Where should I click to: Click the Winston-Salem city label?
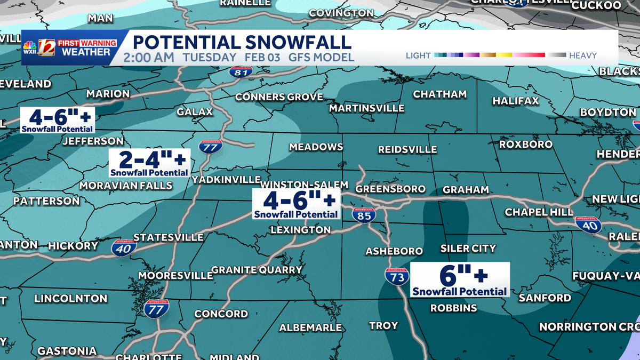pos(305,185)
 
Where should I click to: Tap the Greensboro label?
pos(390,189)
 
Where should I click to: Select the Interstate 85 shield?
pos(364,215)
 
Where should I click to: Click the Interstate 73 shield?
pos(397,276)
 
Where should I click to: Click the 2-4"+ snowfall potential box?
pos(149,162)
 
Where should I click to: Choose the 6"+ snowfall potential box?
pos(460,279)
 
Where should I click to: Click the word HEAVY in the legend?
pos(582,55)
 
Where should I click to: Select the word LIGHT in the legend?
pos(418,55)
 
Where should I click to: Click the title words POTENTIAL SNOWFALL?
pos(242,42)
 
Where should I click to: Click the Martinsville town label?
pos(366,108)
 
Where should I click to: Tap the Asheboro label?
pos(394,251)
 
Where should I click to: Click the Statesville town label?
pos(168,237)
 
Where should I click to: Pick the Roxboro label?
pos(525,144)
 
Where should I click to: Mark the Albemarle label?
pos(310,327)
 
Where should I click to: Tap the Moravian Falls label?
pos(126,186)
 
